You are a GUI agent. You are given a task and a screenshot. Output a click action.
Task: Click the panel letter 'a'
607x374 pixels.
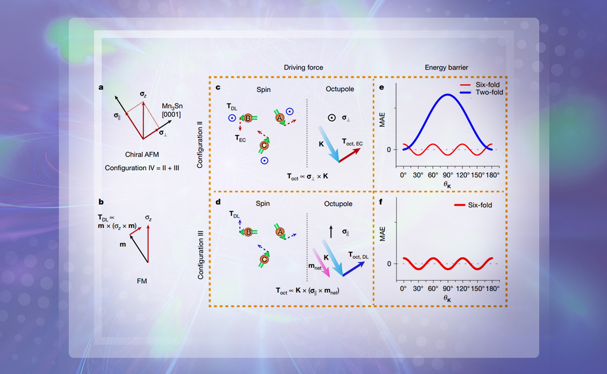[x=101, y=87]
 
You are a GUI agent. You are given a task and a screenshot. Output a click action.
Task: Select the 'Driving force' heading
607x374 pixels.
[x=303, y=67]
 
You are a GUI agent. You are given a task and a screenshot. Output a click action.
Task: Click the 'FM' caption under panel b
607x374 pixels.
[x=142, y=280]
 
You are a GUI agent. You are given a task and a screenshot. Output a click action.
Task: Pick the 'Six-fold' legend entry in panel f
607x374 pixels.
[x=478, y=205]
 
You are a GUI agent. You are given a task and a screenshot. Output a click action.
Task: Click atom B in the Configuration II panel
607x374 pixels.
[x=249, y=118]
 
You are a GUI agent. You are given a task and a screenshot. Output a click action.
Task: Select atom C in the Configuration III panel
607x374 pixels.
[x=264, y=260]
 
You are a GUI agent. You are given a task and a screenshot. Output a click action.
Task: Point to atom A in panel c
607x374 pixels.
[x=279, y=117]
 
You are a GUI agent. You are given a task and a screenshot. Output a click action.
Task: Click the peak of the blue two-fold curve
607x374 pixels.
[x=447, y=95]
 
